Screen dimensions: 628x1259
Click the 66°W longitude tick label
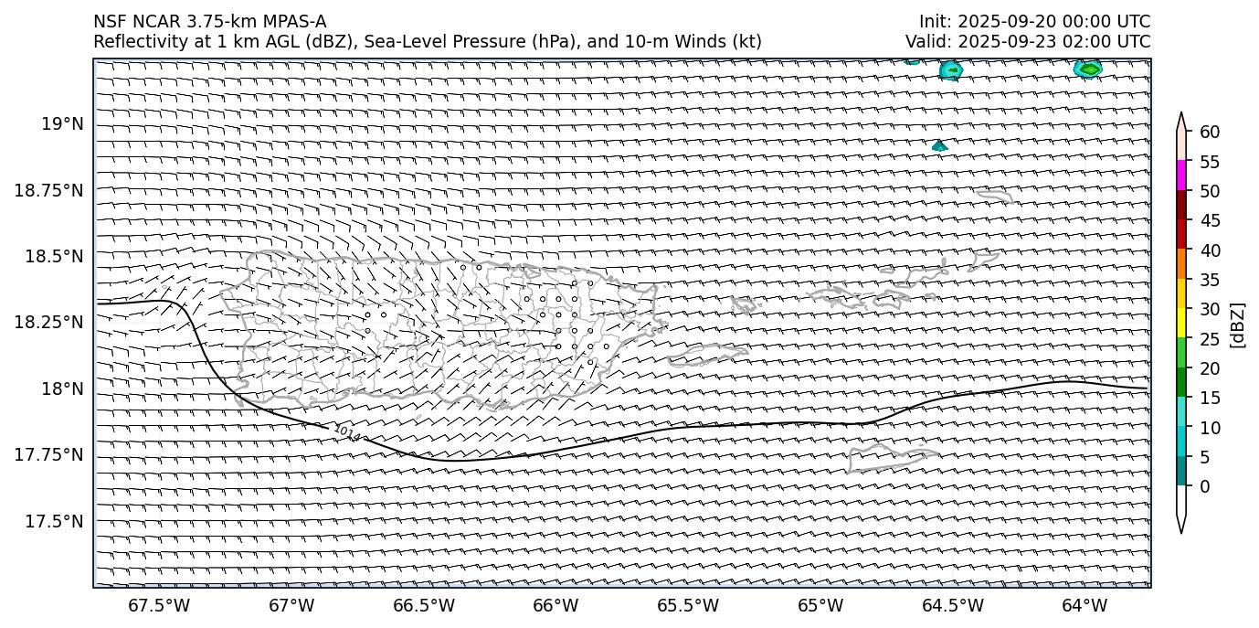click(x=555, y=605)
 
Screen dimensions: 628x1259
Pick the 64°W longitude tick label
click(x=1084, y=605)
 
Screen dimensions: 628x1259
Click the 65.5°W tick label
click(x=687, y=605)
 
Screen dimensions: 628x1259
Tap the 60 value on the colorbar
click(x=1210, y=133)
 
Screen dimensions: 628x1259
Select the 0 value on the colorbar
click(x=1205, y=486)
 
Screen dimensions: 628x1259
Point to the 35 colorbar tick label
click(x=1210, y=280)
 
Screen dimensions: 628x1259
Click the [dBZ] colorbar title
click(x=1239, y=325)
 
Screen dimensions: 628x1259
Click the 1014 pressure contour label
click(x=346, y=433)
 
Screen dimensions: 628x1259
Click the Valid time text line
click(x=1028, y=41)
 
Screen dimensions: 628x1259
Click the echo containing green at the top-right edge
click(x=1088, y=69)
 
